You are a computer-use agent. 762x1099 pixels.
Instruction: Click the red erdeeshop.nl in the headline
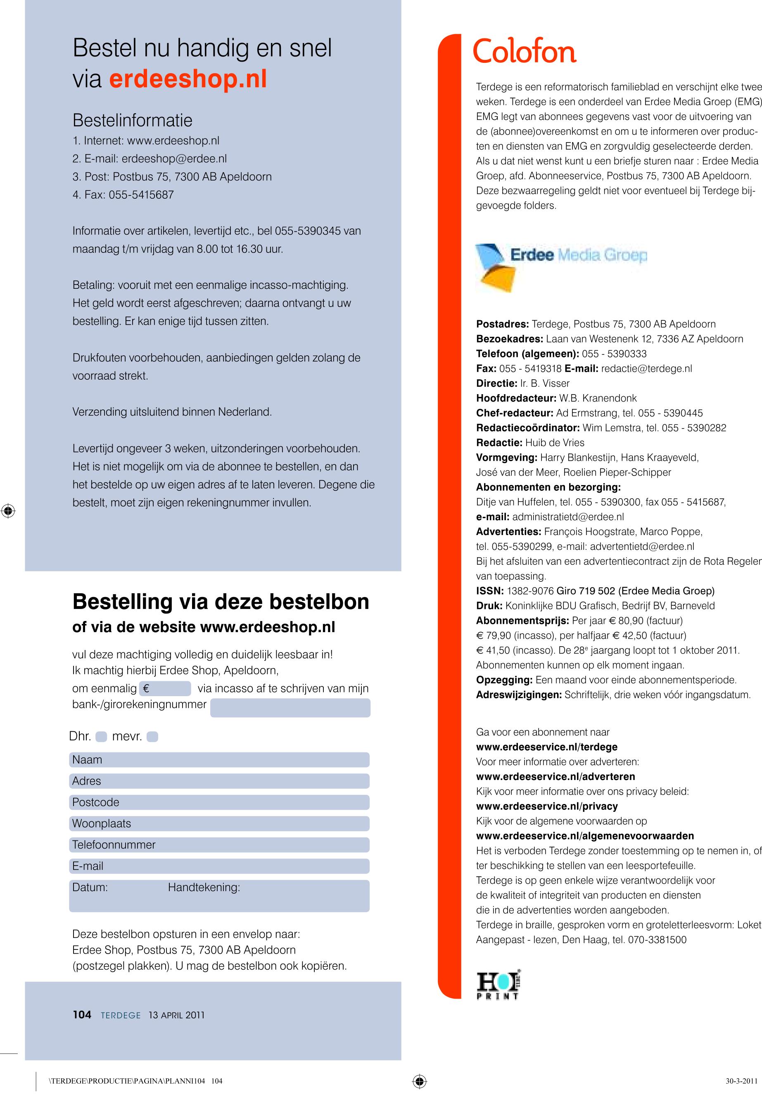188,79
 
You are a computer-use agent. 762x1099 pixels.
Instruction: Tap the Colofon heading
524,52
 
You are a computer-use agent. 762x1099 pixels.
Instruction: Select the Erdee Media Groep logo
560,266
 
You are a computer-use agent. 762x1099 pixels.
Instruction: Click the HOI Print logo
498,986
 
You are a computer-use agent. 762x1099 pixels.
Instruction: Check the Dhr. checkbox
101,737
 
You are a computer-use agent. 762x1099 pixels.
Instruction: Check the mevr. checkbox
152,737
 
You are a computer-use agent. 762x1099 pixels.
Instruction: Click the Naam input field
219,760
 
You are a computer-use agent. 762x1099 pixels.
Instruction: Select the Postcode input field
219,802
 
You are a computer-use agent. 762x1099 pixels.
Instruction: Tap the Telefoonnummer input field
219,845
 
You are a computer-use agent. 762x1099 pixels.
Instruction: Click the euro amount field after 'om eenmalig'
165,689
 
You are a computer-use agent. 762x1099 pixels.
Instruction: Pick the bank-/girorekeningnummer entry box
290,708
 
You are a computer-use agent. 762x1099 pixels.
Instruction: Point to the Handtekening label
204,887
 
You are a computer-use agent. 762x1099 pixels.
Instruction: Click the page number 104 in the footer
82,1015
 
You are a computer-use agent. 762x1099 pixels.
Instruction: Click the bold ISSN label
489,591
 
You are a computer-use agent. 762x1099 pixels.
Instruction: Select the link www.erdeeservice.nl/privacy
547,806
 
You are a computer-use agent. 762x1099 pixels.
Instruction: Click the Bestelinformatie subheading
132,120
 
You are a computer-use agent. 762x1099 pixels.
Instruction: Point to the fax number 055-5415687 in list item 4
141,195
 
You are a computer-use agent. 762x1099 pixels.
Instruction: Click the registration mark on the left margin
8,511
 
